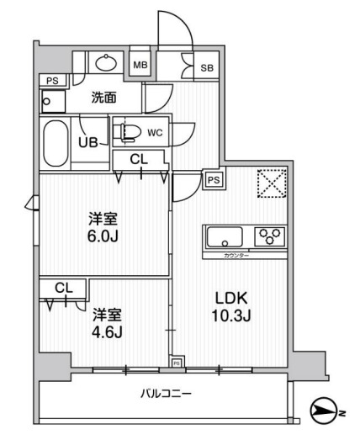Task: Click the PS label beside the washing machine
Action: pyautogui.click(x=52, y=81)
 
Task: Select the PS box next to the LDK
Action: pyautogui.click(x=214, y=179)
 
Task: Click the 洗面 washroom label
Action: pyautogui.click(x=104, y=98)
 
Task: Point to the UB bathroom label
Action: pyautogui.click(x=88, y=142)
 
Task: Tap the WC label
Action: pyautogui.click(x=154, y=131)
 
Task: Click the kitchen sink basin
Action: pyautogui.click(x=224, y=235)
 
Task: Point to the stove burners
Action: pyautogui.click(x=271, y=235)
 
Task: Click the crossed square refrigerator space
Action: pyautogui.click(x=270, y=183)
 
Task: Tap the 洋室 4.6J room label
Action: pyautogui.click(x=107, y=323)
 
